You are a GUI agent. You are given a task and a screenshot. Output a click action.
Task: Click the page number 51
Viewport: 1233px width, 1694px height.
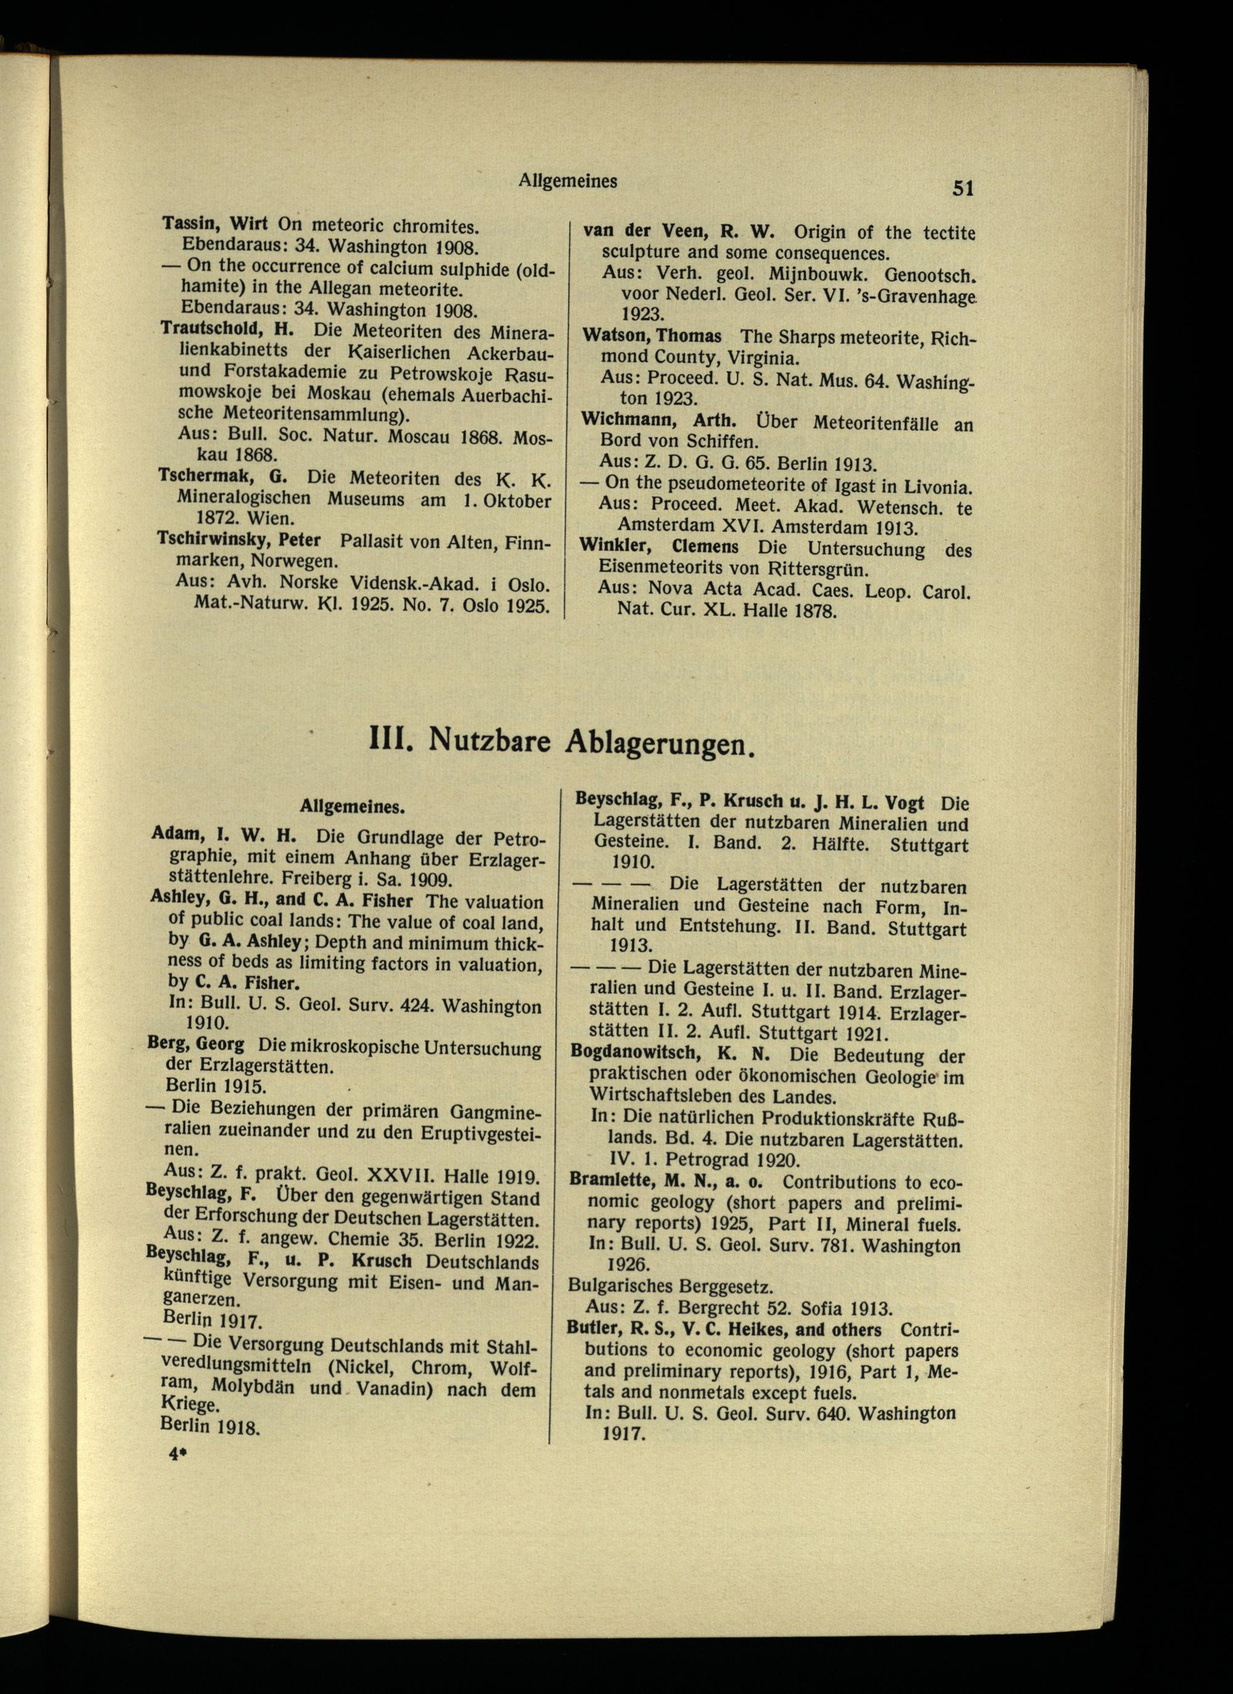pos(962,188)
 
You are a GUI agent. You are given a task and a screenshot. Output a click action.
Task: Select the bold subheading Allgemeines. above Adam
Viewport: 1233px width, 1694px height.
pos(353,807)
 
